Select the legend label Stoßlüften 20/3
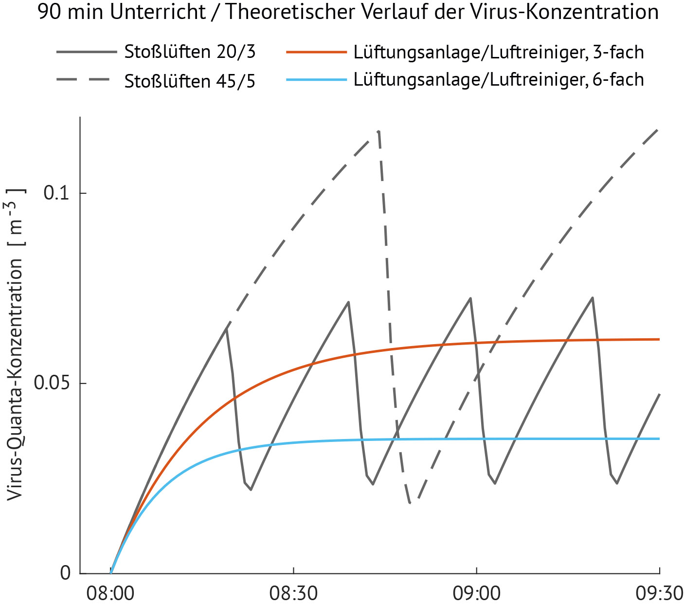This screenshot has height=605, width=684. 190,52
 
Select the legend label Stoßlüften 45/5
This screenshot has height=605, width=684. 190,81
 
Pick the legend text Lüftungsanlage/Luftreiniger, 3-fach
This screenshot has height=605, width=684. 499,52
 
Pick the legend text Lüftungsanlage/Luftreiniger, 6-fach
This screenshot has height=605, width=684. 499,79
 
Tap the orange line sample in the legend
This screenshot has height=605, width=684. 316,52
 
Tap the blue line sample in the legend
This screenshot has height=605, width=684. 316,79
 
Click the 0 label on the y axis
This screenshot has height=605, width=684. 66,573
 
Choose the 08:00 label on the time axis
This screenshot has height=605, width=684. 110,594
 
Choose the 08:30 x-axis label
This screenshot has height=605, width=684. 293,594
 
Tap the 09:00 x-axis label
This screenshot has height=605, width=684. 476,594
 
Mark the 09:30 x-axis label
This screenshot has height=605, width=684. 659,594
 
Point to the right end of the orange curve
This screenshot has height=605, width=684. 659,339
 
